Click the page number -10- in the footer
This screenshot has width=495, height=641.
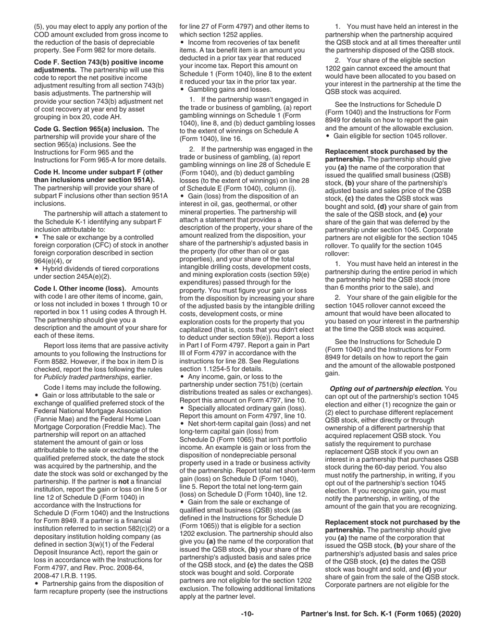point(247,614)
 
